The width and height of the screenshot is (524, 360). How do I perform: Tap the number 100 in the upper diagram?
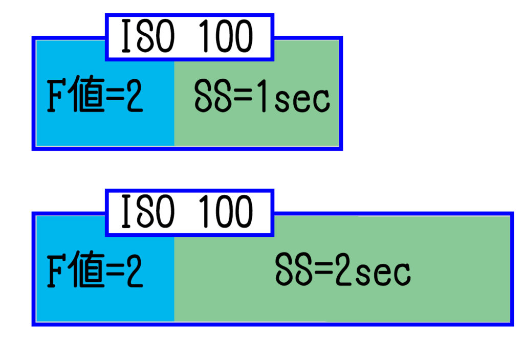[224, 37]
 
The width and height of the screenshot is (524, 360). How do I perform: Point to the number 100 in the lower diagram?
[224, 212]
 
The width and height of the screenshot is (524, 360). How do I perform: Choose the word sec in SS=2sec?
[384, 275]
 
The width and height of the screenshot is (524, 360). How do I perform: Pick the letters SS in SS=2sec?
[293, 272]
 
